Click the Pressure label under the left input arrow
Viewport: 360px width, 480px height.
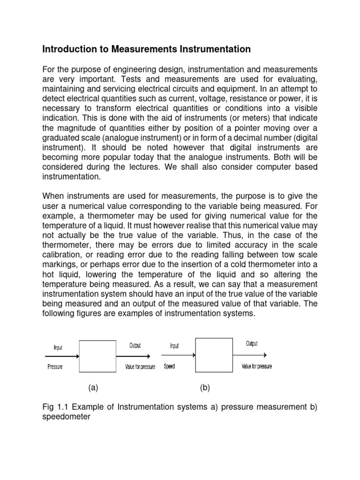tap(55, 367)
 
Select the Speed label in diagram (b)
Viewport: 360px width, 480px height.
tap(169, 367)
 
